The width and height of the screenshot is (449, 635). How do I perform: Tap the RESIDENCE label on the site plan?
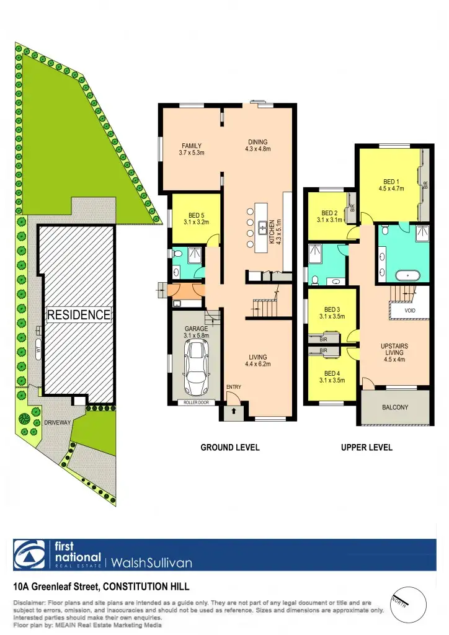(79, 314)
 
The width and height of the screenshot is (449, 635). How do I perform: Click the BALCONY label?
(396, 407)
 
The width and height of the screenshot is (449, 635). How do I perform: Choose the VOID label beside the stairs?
(410, 310)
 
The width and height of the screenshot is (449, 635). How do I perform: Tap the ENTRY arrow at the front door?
(234, 411)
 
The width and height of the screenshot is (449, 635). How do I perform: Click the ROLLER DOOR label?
(196, 402)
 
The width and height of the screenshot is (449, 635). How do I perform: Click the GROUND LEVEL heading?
(229, 448)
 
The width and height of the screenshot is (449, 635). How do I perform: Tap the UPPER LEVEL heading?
(367, 448)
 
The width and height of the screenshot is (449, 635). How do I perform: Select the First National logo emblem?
(29, 554)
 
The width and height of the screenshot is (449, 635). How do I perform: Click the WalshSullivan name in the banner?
(152, 563)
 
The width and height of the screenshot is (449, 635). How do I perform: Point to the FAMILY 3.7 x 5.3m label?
(191, 149)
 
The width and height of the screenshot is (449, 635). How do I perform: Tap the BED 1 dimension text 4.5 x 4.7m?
(391, 189)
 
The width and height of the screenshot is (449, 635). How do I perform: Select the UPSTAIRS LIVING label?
(394, 352)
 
